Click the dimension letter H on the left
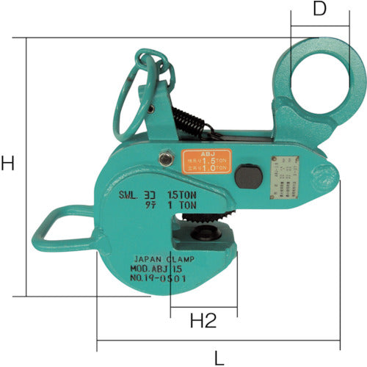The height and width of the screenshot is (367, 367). coord(8,164)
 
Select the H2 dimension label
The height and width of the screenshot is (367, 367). coord(203,320)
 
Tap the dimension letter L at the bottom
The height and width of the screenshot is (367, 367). coord(219,358)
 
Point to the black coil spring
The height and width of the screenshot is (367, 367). coord(187,123)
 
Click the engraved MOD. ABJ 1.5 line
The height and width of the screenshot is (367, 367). coord(162,269)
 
